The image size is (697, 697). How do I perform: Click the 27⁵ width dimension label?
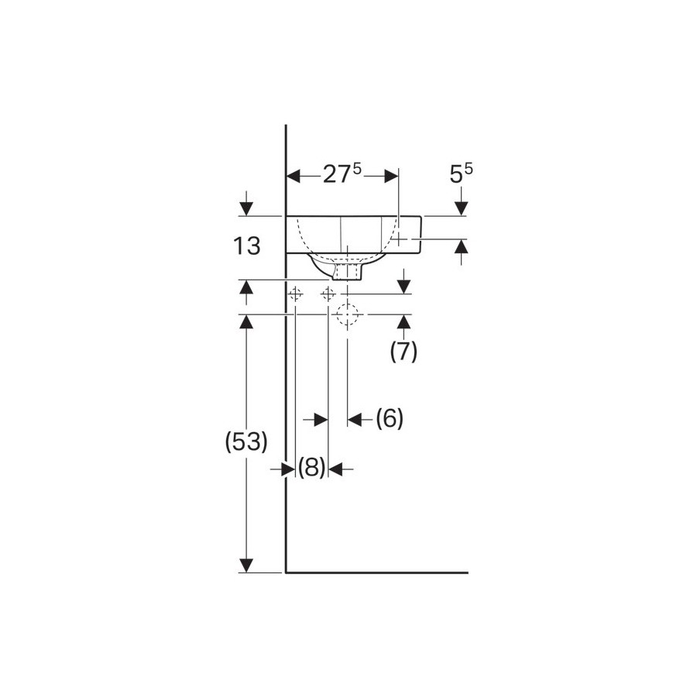342,173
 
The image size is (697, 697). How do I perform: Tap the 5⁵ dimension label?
462,173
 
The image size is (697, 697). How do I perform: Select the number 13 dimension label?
247,245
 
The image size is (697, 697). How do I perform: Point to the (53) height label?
246,442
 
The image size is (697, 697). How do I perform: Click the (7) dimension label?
403,352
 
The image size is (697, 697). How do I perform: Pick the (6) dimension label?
390,418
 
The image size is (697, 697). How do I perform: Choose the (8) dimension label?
311,468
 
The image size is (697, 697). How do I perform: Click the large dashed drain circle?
347,314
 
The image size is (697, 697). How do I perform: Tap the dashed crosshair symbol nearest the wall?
296,294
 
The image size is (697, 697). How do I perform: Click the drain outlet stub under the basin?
348,272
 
